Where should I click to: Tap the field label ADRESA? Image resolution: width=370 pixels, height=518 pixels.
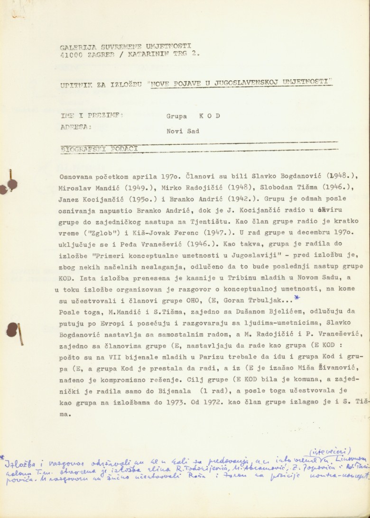tap(75, 127)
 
